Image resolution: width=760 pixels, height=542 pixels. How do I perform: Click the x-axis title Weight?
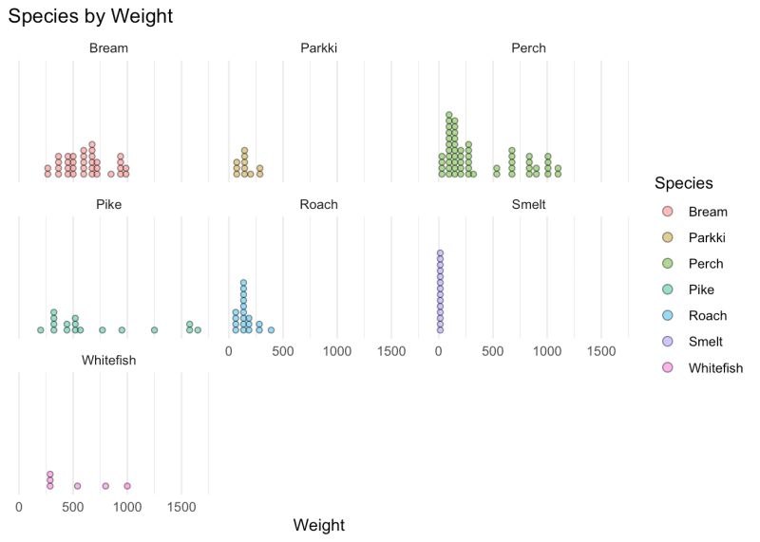click(x=319, y=525)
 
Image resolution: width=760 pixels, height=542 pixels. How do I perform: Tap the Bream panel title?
click(x=109, y=48)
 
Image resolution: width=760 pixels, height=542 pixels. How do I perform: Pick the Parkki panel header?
click(x=318, y=48)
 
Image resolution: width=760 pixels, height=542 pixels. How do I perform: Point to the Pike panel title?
click(x=108, y=204)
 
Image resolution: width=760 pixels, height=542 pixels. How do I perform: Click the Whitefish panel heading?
click(x=109, y=360)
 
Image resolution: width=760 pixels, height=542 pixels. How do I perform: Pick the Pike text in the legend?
click(x=701, y=290)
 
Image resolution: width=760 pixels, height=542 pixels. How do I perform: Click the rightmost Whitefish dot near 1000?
click(x=127, y=486)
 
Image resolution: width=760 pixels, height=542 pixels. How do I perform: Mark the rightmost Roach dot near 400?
click(x=272, y=330)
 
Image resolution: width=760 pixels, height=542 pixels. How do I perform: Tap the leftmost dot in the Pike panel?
click(x=40, y=330)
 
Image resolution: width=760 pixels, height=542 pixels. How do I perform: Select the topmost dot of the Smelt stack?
click(x=440, y=253)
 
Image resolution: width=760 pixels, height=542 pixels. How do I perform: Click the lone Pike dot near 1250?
click(x=154, y=330)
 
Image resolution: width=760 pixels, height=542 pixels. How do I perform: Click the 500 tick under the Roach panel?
click(x=282, y=351)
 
